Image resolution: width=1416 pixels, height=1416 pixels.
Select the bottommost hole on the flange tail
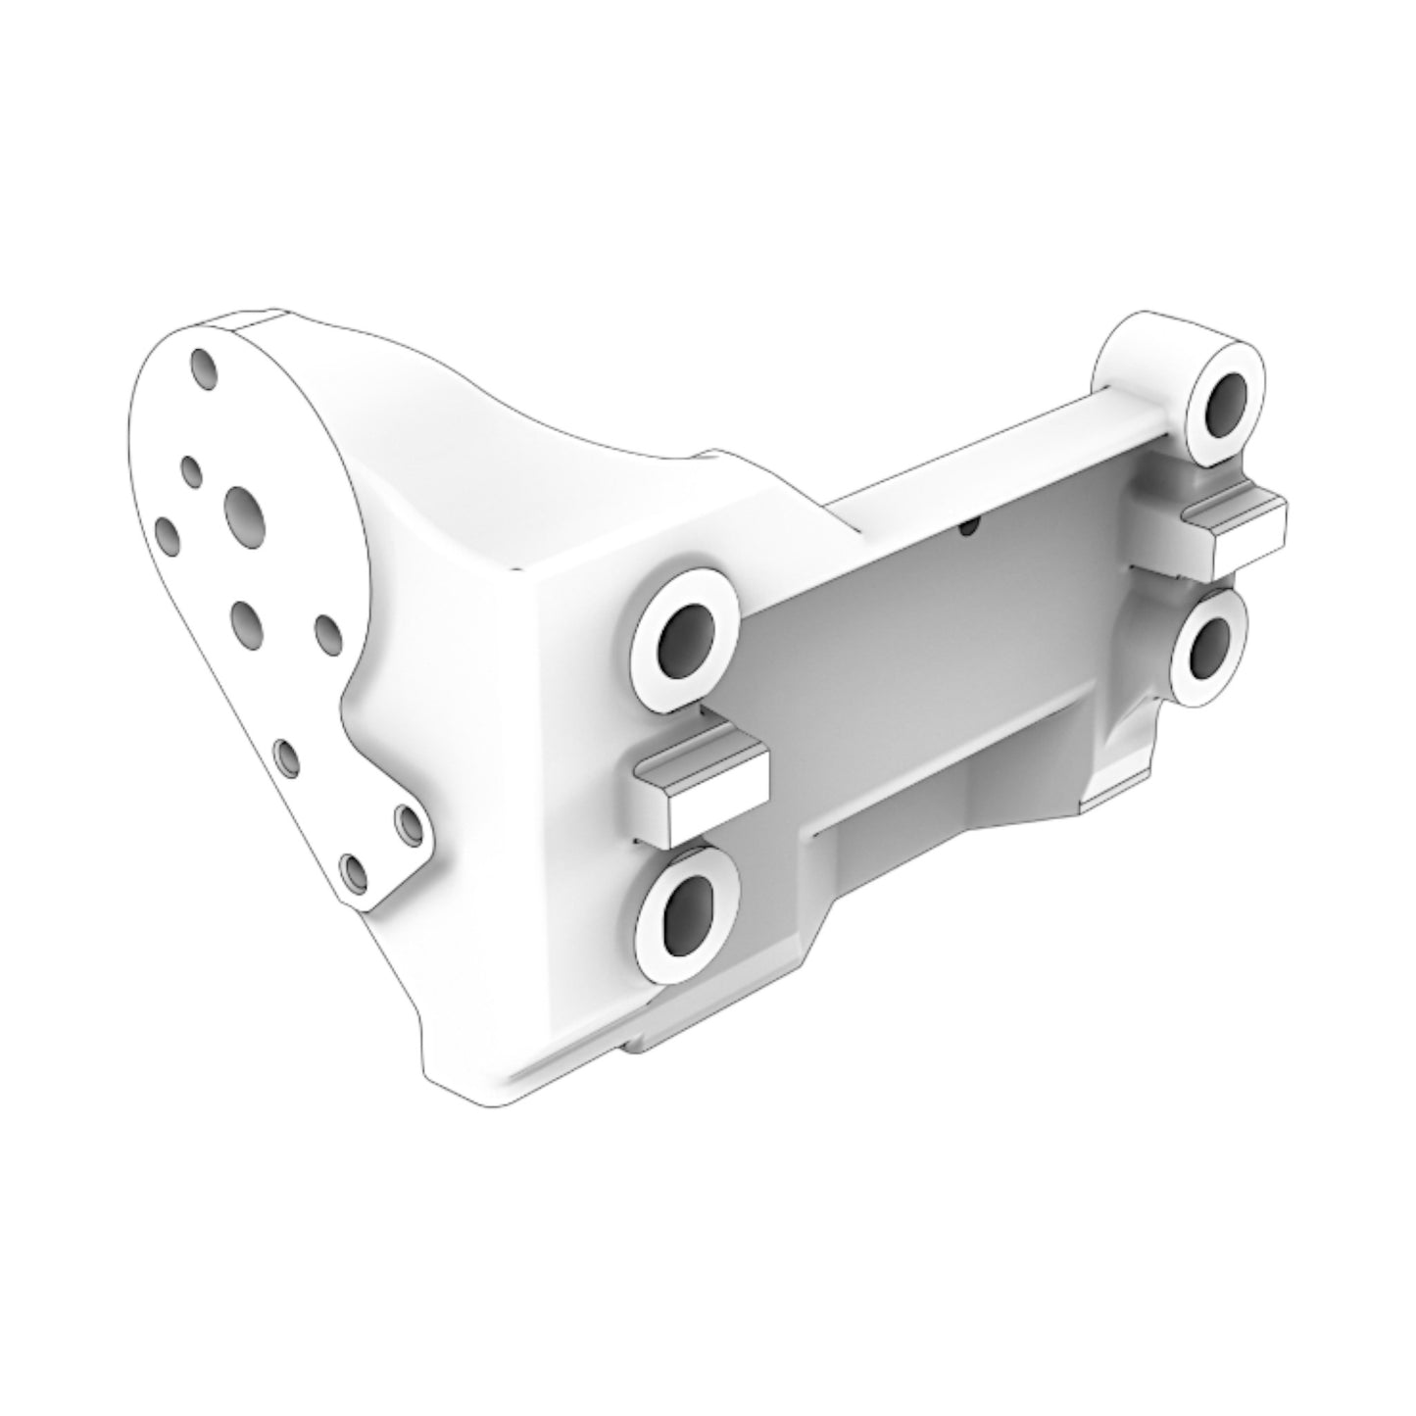pos(354,869)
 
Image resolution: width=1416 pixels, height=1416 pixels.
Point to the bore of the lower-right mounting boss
pos(1207,646)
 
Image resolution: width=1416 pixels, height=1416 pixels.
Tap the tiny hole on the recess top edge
pos(968,527)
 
